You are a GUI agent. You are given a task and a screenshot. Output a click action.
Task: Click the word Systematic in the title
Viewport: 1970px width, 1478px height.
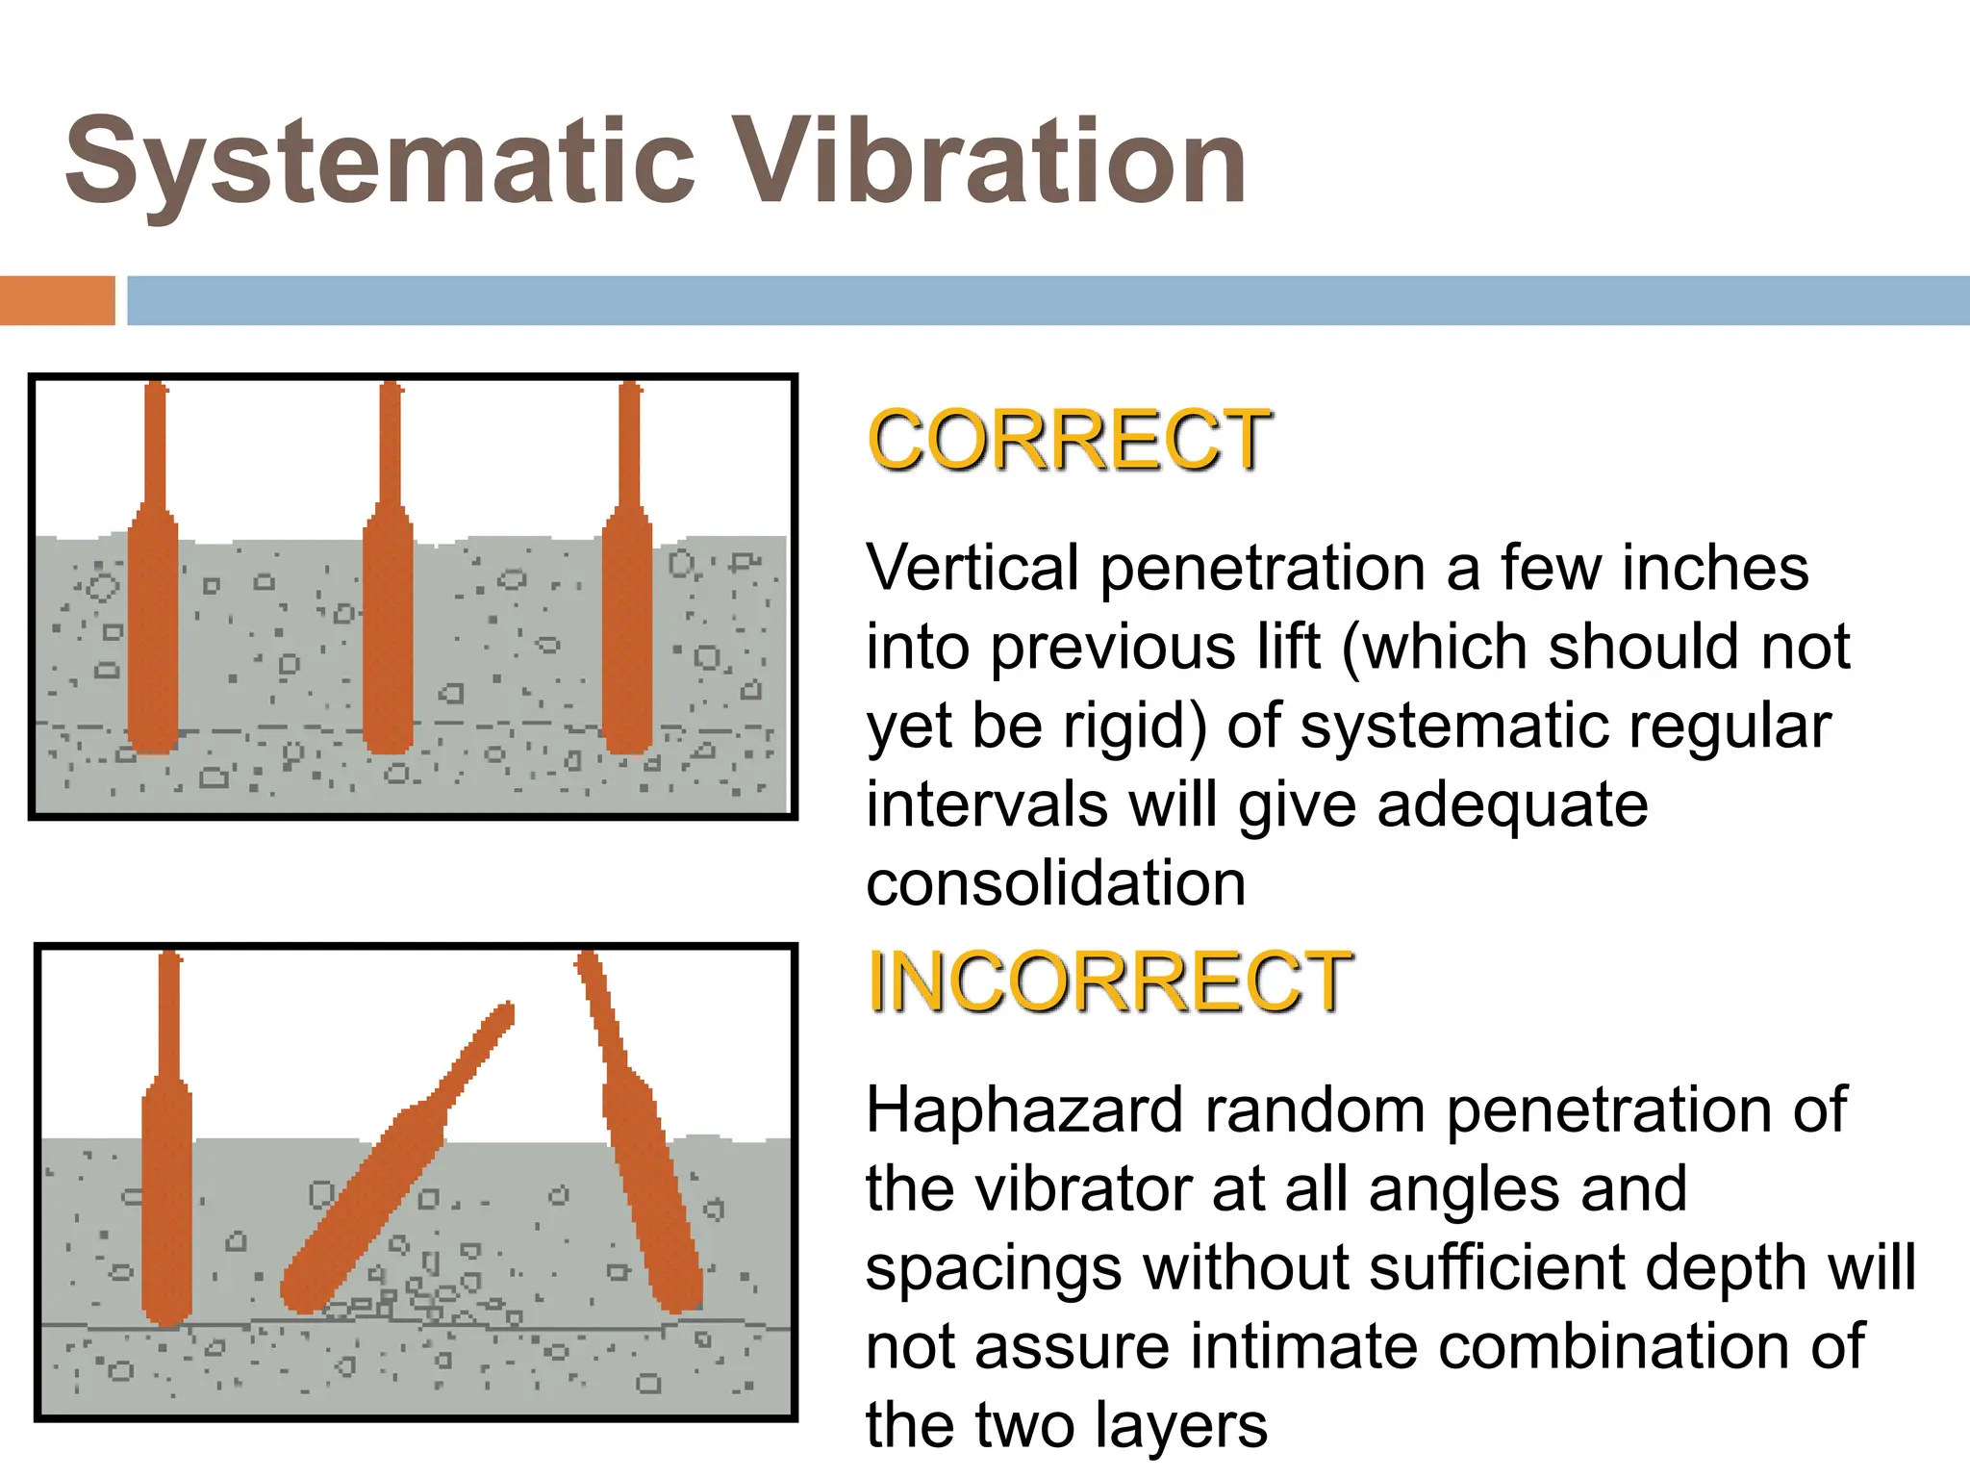point(379,162)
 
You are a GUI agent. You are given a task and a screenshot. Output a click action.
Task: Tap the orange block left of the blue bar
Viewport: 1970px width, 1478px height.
point(57,300)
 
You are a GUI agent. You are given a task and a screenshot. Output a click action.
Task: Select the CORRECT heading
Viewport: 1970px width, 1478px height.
point(1070,440)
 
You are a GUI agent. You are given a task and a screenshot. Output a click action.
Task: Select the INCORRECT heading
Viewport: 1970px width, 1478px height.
point(1110,981)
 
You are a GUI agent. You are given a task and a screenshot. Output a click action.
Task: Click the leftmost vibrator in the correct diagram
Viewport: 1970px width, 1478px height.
point(154,625)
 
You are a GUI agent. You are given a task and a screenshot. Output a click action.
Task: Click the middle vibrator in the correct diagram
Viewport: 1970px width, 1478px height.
point(389,625)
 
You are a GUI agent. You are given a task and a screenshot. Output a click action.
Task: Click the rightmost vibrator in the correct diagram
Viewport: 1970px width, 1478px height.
point(627,625)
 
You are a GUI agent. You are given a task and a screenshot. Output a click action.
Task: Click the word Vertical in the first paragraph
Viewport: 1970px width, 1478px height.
point(972,568)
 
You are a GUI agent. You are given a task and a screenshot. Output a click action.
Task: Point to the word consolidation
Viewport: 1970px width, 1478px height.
point(1055,883)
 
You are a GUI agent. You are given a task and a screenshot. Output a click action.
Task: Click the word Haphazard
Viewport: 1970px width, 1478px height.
point(1023,1109)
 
